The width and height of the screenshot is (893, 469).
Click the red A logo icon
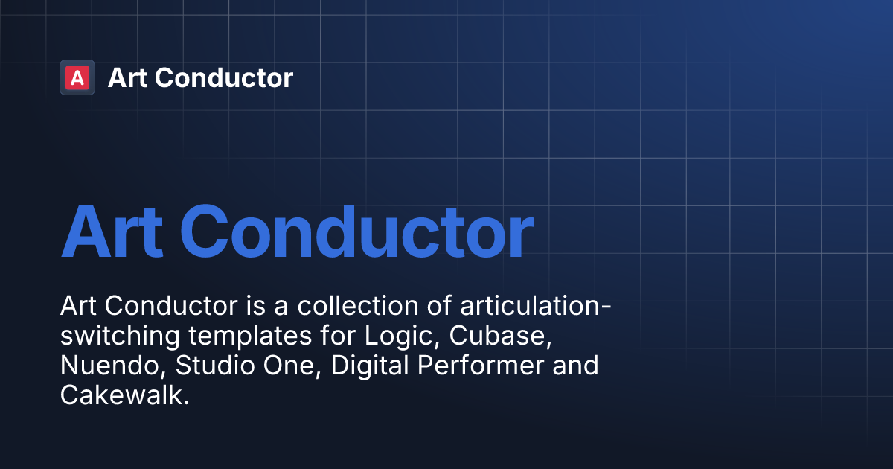77,77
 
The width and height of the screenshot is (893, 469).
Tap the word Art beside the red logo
127,77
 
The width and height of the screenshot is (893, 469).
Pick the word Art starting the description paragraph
78,306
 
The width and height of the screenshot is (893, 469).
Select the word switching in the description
120,336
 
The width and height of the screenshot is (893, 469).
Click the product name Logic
394,336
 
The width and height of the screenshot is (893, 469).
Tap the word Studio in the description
199,366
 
